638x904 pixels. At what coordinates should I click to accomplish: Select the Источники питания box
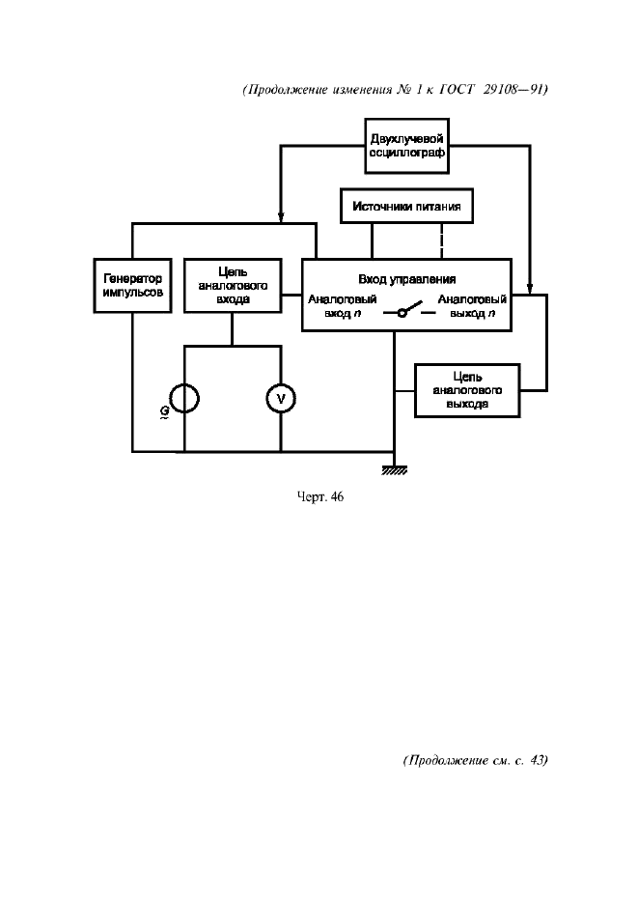(x=406, y=206)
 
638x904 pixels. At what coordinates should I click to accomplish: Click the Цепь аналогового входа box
(x=232, y=285)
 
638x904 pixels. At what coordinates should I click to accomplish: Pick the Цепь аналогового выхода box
(x=467, y=390)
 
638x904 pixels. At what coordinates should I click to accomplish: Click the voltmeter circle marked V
(x=281, y=398)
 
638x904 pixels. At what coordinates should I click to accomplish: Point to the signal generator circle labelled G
(x=183, y=398)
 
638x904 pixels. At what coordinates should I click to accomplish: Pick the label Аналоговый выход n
(x=472, y=306)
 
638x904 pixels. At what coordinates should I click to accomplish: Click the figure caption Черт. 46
(x=319, y=498)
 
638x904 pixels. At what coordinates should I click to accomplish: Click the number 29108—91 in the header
(x=511, y=90)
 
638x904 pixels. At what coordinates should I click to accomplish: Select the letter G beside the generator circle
(x=165, y=410)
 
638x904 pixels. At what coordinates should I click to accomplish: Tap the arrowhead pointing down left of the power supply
(x=280, y=215)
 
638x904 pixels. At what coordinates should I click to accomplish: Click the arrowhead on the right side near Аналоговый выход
(x=529, y=288)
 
